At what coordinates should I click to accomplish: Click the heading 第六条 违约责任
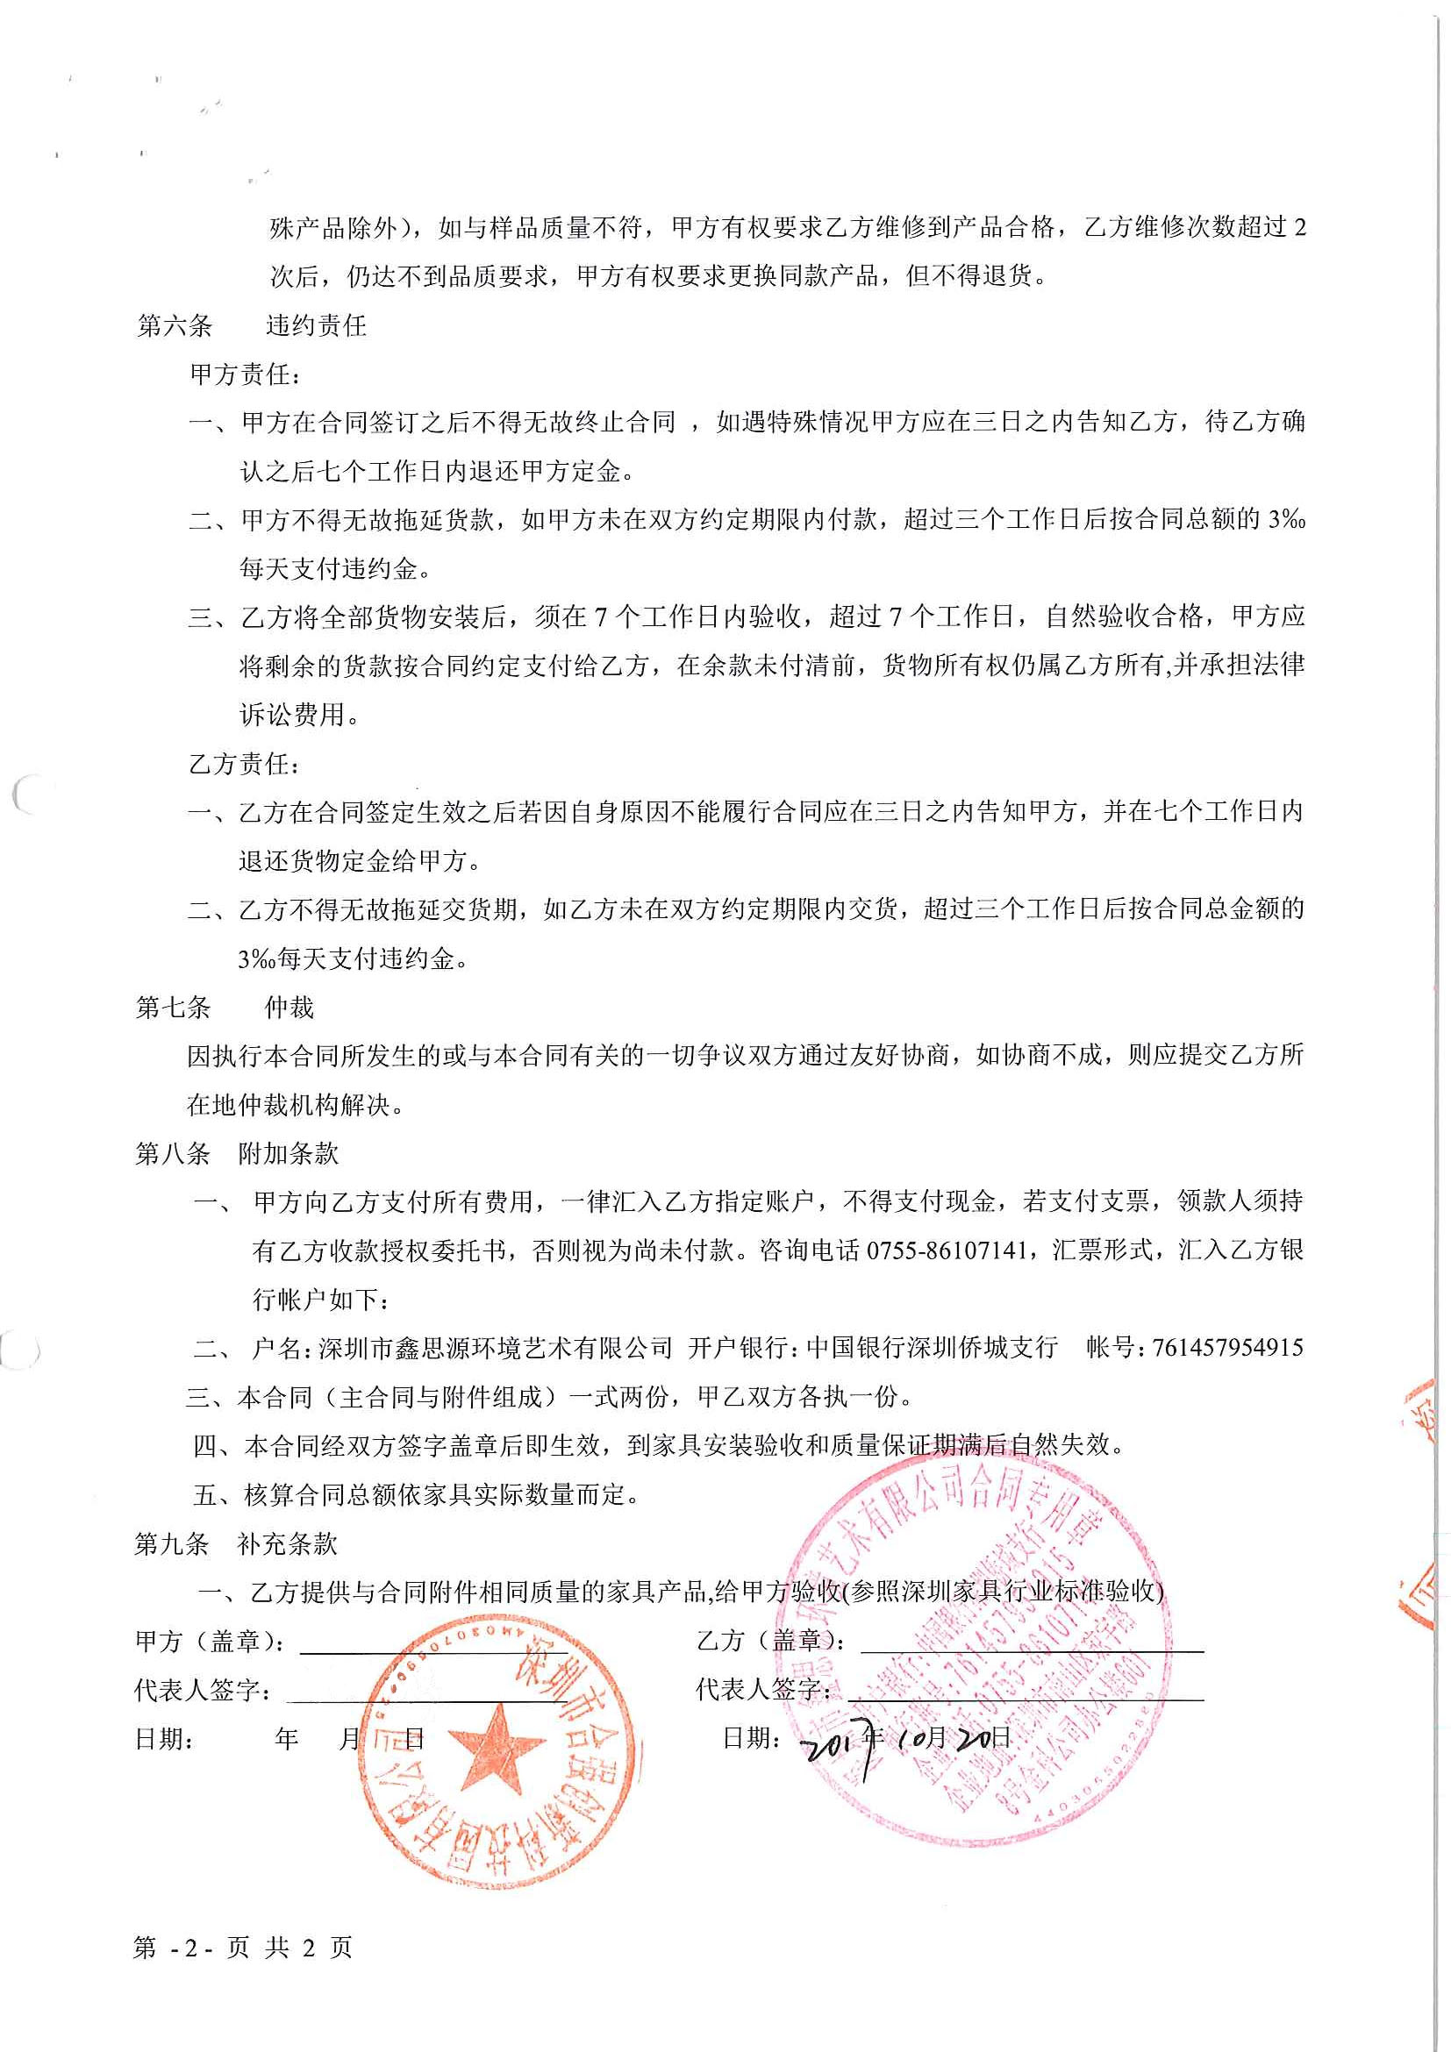click(x=251, y=325)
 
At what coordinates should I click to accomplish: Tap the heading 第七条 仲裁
click(x=225, y=1008)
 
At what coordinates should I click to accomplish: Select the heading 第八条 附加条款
click(x=236, y=1153)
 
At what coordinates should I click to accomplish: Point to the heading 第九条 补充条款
click(x=235, y=1543)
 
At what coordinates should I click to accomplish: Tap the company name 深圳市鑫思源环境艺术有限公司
click(x=496, y=1348)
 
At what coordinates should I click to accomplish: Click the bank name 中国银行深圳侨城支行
click(x=932, y=1348)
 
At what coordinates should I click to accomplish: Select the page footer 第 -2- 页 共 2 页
click(x=242, y=1948)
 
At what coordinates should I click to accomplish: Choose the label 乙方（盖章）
click(x=771, y=1640)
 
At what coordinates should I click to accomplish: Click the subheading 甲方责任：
click(x=245, y=374)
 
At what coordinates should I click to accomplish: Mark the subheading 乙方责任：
click(x=245, y=764)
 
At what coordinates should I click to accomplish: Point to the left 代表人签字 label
click(x=202, y=1690)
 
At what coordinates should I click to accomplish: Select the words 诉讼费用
click(x=291, y=715)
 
